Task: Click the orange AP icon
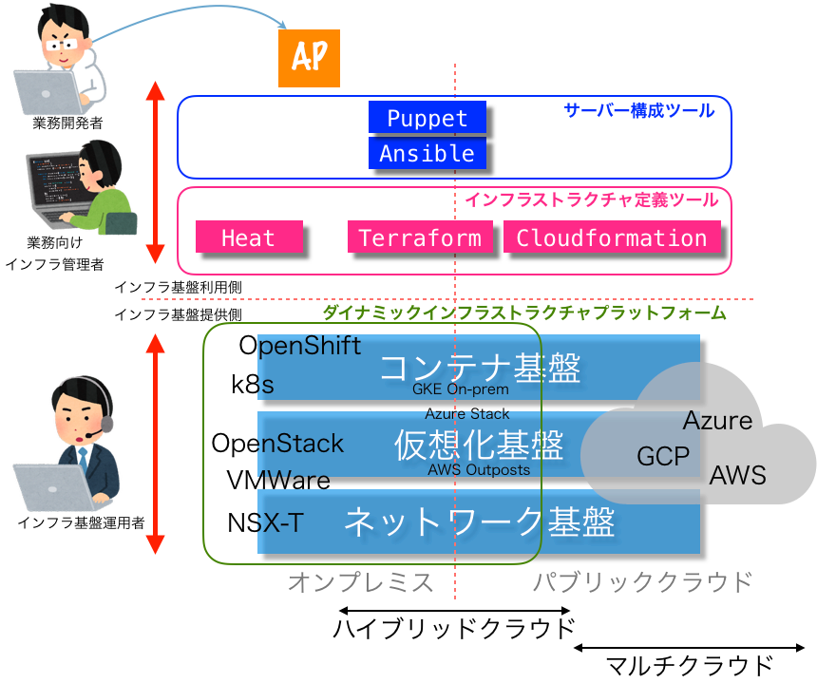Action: (x=309, y=58)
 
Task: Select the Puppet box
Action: (x=427, y=118)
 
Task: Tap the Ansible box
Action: (x=427, y=153)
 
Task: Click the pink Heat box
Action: (x=249, y=237)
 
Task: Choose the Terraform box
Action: (x=420, y=237)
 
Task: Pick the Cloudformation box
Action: (x=612, y=237)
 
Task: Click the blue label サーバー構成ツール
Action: (x=638, y=110)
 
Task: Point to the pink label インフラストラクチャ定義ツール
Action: (x=591, y=199)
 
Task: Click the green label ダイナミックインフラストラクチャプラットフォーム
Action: (x=523, y=313)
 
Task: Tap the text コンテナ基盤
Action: (x=479, y=368)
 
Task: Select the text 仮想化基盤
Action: (x=479, y=445)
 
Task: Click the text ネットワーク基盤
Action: (x=479, y=522)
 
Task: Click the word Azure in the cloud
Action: (x=717, y=421)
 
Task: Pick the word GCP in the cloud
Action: (x=663, y=457)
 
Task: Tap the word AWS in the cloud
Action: (x=737, y=475)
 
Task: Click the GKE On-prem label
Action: (x=460, y=389)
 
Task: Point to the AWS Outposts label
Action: (x=479, y=469)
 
